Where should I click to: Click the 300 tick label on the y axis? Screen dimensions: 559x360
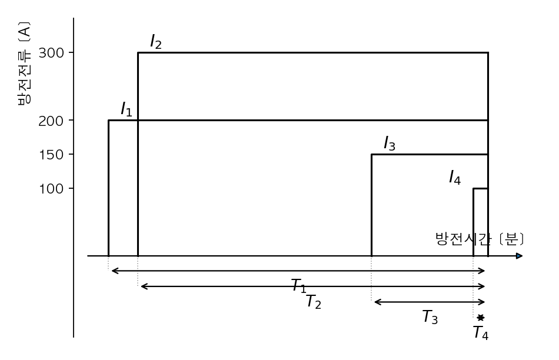pos(51,53)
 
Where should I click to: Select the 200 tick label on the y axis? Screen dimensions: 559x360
pos(51,121)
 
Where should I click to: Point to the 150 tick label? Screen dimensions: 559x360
pos(51,155)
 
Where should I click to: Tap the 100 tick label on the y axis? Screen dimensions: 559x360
pos(51,189)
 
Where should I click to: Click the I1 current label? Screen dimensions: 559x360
pos(127,109)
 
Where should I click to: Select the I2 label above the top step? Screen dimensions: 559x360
pos(156,41)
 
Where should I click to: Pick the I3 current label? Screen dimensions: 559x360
pos(390,144)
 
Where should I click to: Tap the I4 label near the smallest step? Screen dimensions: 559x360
pos(454,177)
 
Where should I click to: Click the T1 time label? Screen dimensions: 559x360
pos(299,286)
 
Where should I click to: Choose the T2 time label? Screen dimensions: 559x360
pos(314,302)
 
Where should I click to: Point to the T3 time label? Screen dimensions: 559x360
pos(430,317)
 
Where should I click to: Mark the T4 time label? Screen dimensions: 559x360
pos(481,332)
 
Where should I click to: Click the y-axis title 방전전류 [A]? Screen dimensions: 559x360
pos(24,64)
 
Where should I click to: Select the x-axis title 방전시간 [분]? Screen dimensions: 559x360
pos(480,239)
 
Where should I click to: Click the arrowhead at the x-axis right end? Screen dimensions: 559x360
pos(520,256)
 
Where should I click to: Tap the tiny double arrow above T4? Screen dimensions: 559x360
pos(481,318)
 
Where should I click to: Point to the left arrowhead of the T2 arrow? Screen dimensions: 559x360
pos(144,286)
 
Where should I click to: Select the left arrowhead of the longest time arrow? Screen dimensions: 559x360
pos(114,271)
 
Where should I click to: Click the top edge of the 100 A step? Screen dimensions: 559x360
pos(481,188)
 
